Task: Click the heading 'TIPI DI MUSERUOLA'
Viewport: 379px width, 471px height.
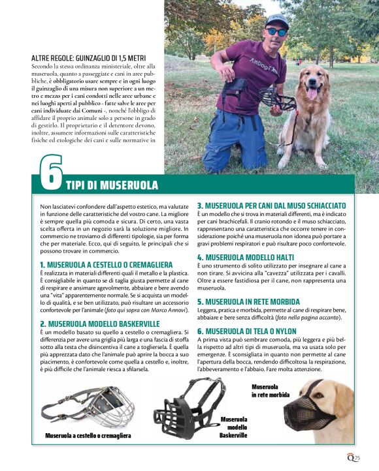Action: [x=112, y=185]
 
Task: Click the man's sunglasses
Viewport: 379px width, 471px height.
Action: [x=277, y=31]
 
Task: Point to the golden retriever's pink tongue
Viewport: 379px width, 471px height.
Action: [x=312, y=93]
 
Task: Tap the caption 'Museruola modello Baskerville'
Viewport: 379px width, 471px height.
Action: [x=233, y=427]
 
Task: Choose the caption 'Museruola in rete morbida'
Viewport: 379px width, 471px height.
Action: [x=270, y=390]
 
